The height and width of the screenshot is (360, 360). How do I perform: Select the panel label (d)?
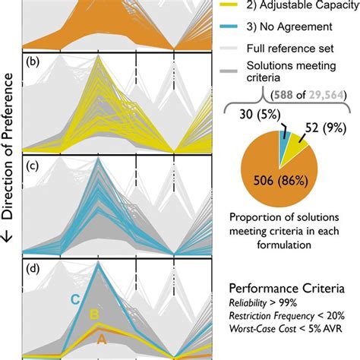coord(33,267)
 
